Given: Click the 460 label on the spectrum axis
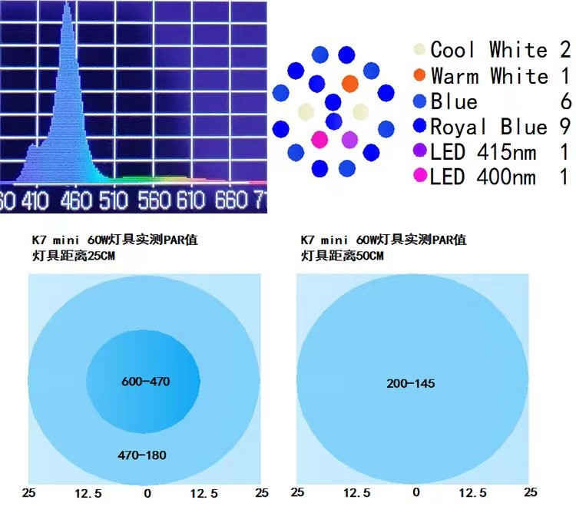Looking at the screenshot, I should (x=77, y=201).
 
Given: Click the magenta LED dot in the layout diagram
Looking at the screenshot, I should (x=319, y=139).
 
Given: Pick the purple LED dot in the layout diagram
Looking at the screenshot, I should (x=349, y=139).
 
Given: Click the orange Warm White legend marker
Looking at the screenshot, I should (x=419, y=76).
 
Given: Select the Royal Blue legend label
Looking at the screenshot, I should (x=488, y=127).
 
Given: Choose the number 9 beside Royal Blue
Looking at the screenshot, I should (x=564, y=127).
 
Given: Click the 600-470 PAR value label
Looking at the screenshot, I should (x=145, y=381).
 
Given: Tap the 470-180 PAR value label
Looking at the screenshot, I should (x=141, y=455).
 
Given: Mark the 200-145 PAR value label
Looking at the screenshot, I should (x=411, y=382).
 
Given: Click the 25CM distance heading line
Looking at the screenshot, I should (x=65, y=255).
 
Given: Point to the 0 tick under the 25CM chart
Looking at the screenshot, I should (x=147, y=493).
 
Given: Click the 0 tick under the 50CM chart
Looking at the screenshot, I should (x=415, y=492).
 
